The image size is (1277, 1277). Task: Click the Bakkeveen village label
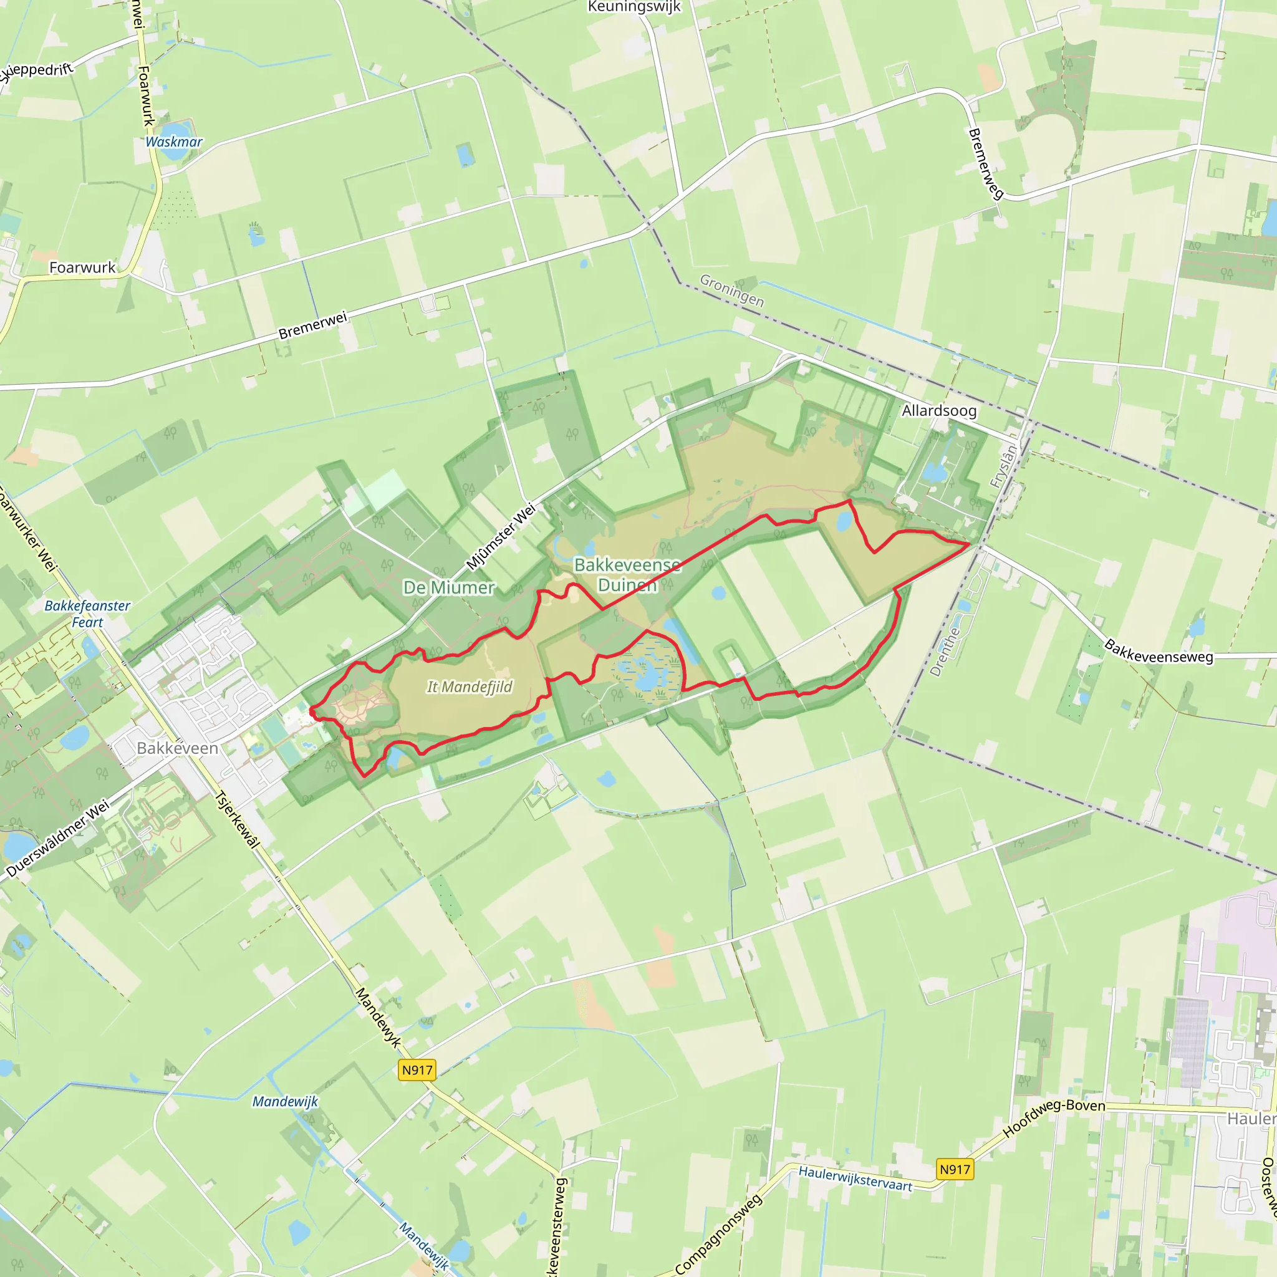[x=177, y=748]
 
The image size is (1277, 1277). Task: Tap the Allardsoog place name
[x=938, y=410]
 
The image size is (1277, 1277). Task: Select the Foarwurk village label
[x=82, y=267]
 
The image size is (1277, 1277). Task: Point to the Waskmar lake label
[x=174, y=142]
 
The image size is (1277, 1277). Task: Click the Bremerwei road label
[x=312, y=325]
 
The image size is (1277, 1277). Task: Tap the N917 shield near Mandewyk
[x=417, y=1069]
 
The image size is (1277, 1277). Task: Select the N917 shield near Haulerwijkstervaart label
[x=955, y=1169]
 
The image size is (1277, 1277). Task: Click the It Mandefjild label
[x=470, y=687]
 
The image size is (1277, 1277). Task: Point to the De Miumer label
[x=449, y=587]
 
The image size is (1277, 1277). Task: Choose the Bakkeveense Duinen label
[x=627, y=574]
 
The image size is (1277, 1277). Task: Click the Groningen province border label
[x=731, y=291]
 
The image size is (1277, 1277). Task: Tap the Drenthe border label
[x=945, y=652]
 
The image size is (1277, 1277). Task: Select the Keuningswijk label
[x=634, y=7]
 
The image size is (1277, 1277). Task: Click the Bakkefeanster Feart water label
[x=87, y=614]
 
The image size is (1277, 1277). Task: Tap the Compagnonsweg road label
[x=718, y=1233]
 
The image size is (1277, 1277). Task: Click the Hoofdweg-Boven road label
[x=1054, y=1117]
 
